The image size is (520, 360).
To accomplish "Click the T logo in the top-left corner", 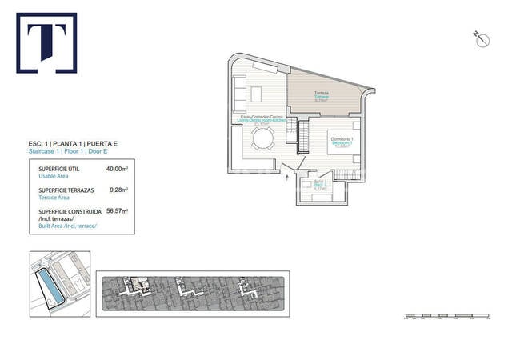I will coord(46,43).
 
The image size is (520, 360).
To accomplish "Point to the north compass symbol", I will coord(481,39).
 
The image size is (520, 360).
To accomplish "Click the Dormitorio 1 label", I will coord(342,141).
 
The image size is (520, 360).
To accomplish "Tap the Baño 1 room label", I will coord(320,182).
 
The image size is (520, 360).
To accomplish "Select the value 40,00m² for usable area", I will coord(117,170).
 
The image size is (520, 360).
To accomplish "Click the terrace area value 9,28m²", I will coord(120,190).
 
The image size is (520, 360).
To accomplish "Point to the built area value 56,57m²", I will coord(117,212).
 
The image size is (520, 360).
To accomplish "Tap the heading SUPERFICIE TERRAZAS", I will coord(67,190).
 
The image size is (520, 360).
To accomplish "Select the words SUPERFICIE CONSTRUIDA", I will coord(70,212).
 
